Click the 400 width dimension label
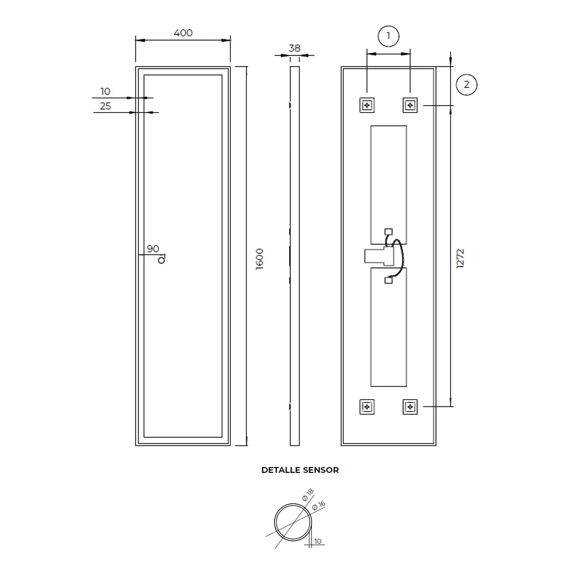click(x=183, y=32)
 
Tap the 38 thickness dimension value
click(x=294, y=48)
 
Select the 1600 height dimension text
click(x=259, y=259)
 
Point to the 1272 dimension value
click(x=460, y=259)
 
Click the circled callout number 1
click(x=388, y=36)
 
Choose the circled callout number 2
click(x=466, y=84)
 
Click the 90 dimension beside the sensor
click(x=153, y=249)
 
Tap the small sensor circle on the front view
click(x=162, y=260)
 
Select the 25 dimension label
click(x=105, y=106)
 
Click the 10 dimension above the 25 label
click(x=105, y=91)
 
